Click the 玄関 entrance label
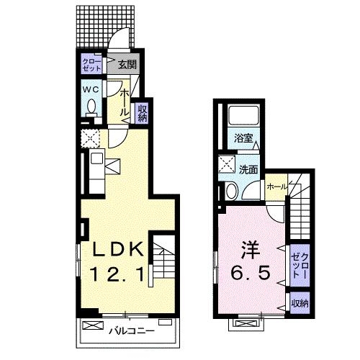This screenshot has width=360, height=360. (x=127, y=65)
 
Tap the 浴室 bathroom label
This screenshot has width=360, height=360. (x=243, y=138)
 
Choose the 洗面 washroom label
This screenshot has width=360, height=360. (x=248, y=170)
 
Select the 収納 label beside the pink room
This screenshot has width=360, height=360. (x=300, y=304)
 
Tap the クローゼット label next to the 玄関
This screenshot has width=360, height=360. (x=91, y=64)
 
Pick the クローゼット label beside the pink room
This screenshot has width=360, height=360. (x=300, y=264)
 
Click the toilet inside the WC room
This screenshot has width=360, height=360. (x=91, y=107)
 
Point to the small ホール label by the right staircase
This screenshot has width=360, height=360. (x=276, y=186)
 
